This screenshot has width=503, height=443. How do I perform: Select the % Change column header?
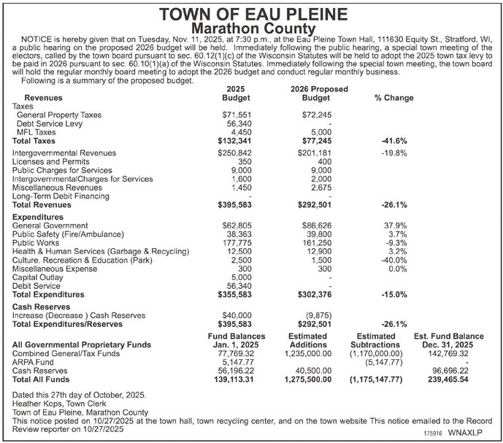pyautogui.click(x=393, y=97)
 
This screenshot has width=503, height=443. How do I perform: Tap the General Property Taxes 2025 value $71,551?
pyautogui.click(x=237, y=115)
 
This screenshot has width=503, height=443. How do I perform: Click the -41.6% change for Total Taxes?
pyautogui.click(x=394, y=141)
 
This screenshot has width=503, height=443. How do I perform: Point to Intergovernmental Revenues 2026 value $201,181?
pyautogui.click(x=315, y=153)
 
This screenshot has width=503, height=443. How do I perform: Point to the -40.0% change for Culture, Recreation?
pyautogui.click(x=394, y=260)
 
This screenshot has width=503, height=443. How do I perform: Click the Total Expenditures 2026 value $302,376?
pyautogui.click(x=315, y=294)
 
